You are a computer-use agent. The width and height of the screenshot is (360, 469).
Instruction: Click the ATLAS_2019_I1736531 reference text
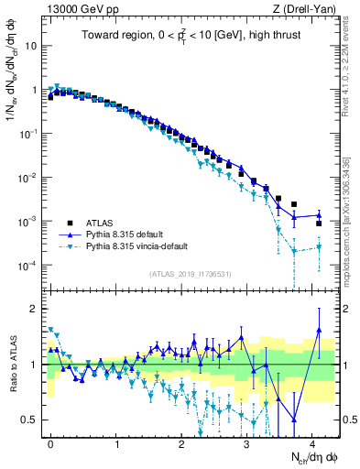point(191,275)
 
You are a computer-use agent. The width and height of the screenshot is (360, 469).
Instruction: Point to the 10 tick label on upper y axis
point(31,46)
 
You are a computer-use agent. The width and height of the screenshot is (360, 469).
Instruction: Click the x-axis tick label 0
point(50,443)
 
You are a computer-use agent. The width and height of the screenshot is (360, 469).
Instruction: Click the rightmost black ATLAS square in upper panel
point(319,224)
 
